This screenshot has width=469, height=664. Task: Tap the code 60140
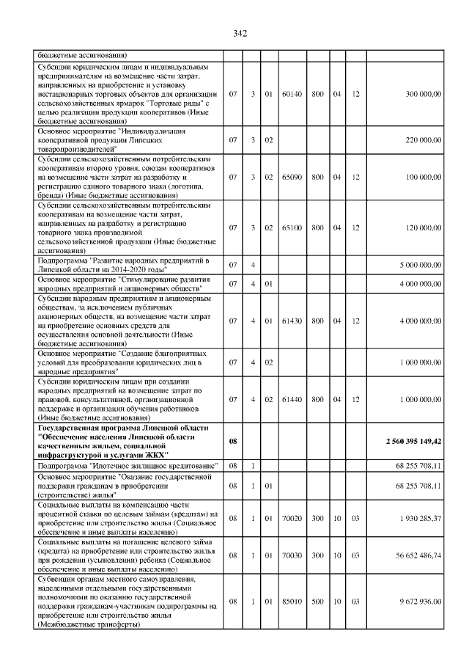point(292,95)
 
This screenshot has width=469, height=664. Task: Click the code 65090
point(292,177)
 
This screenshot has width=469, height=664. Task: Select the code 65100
point(292,227)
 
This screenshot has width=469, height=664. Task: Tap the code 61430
point(292,321)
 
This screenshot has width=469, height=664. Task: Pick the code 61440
point(292,399)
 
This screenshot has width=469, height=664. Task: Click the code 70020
point(292,518)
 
